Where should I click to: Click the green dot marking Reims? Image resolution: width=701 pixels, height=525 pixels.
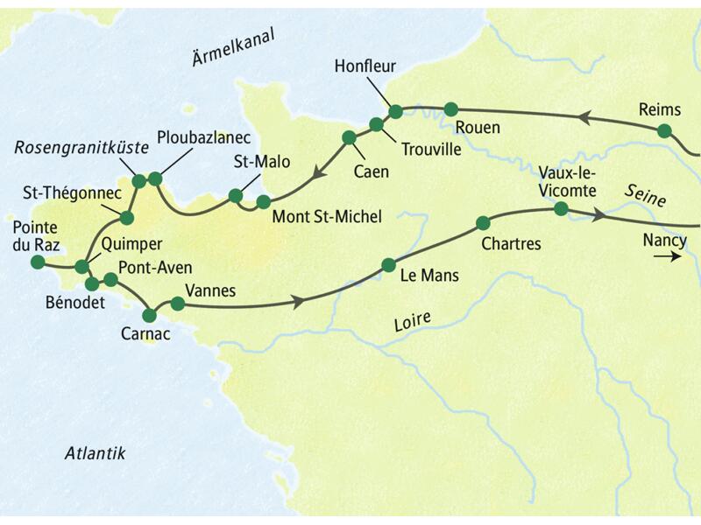coord(664,131)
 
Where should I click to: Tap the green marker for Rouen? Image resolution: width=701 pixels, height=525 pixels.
coord(451,109)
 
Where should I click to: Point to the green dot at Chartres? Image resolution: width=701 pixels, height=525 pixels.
coord(482,222)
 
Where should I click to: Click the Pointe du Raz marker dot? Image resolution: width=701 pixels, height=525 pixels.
coord(37,262)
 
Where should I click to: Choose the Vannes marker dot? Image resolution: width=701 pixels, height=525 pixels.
coord(177,304)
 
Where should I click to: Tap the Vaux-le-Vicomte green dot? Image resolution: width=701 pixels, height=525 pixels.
coord(560,208)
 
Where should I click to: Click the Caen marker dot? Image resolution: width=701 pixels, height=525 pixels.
coord(349,137)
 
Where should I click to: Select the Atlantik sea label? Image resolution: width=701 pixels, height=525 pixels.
coord(96,453)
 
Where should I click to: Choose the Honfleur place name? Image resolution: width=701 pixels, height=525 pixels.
coord(365,65)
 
